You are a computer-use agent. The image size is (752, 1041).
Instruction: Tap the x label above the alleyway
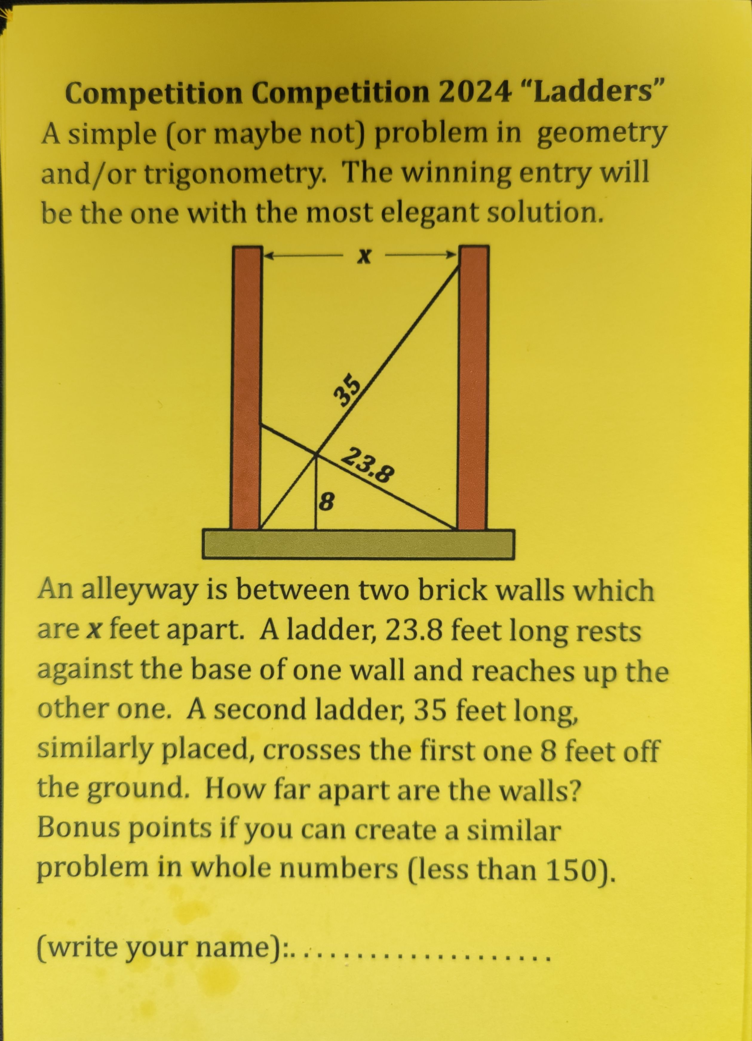(x=364, y=256)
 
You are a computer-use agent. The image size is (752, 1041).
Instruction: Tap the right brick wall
(x=472, y=388)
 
